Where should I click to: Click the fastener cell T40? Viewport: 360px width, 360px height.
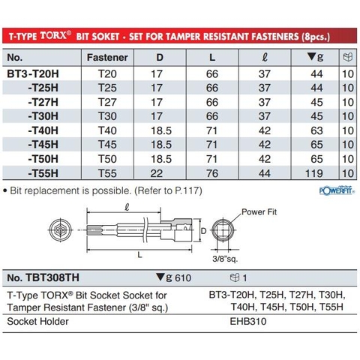click(x=107, y=130)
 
